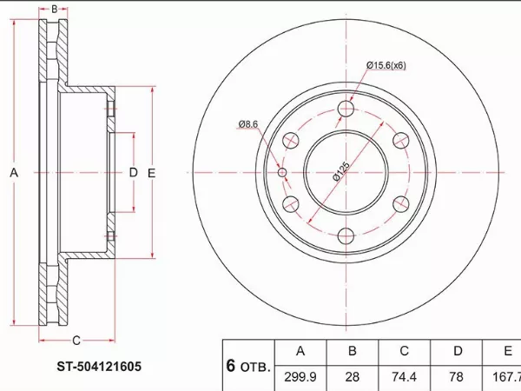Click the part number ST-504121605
point(99,367)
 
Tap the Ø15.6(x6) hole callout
point(386,65)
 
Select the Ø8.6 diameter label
point(247,124)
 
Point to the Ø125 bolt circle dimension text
point(341,171)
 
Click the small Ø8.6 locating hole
point(282,173)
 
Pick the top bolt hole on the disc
point(346,109)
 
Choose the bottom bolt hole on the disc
point(346,236)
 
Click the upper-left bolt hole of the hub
point(291,140)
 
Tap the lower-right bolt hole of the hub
point(401,204)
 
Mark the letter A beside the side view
point(14,173)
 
